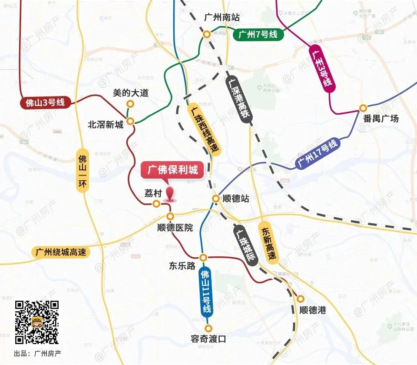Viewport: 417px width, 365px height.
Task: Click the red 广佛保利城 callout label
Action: point(172,170)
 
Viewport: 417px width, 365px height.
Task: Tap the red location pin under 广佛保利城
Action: point(171,195)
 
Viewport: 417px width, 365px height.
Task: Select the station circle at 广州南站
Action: point(207,33)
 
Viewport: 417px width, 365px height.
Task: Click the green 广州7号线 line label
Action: point(258,35)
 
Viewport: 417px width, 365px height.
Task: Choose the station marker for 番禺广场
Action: point(363,108)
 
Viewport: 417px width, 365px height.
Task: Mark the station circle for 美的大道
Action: point(130,103)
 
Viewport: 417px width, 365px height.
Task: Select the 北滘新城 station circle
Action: point(130,121)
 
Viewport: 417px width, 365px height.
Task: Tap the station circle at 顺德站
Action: point(215,199)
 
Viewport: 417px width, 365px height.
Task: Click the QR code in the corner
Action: point(37,322)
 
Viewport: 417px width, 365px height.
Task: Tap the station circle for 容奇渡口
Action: point(209,328)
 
